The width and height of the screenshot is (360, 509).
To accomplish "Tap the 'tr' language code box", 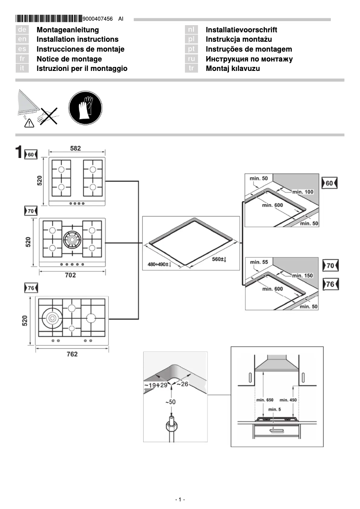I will point(192,69).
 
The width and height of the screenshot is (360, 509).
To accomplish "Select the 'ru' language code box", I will point(192,59).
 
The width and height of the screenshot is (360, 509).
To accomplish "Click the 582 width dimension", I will point(76,148).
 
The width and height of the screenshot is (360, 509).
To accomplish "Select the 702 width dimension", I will point(70,275).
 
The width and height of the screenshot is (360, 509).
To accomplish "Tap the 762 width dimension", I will point(72,354).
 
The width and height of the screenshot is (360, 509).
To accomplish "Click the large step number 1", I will point(19,152).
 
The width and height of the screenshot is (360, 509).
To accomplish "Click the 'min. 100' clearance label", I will point(303,192).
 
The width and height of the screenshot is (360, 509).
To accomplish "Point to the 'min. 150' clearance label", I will point(303,275).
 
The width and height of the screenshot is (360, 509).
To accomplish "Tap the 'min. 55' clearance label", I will point(259,262).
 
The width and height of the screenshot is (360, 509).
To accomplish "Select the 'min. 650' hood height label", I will point(264,399).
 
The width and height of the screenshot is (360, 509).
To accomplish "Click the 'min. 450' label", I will point(288,399).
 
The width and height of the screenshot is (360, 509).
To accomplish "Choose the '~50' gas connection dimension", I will point(170,402).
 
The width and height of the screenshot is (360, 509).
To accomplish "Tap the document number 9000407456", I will point(98,19).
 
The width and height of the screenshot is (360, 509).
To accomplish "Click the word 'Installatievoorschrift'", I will point(241,30).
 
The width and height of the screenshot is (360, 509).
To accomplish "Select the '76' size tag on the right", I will point(330,285).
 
